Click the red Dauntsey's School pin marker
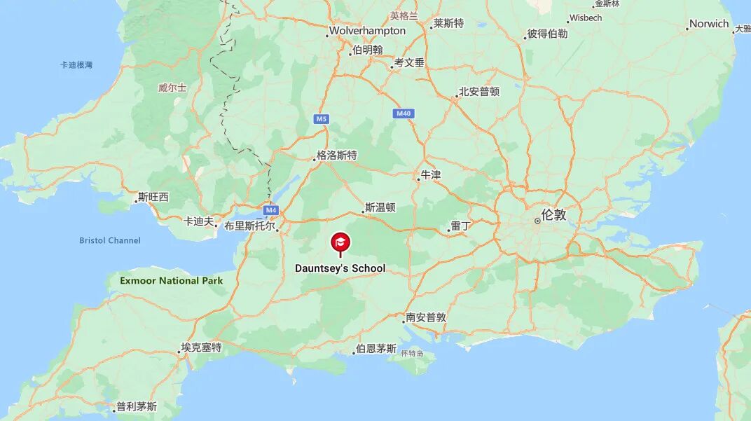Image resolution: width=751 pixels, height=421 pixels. click(340, 243)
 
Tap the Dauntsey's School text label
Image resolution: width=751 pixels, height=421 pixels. click(340, 268)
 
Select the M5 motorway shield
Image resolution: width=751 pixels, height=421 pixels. click(321, 119)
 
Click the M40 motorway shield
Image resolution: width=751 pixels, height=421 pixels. click(404, 113)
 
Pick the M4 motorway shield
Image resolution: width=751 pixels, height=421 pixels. click(271, 210)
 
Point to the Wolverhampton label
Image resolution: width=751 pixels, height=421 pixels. click(367, 31)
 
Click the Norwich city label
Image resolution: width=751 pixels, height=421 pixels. click(709, 24)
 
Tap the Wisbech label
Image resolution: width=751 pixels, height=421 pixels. click(585, 18)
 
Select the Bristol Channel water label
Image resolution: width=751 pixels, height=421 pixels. click(110, 240)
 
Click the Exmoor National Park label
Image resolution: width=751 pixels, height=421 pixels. click(171, 281)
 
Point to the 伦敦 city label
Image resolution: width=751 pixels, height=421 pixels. click(553, 215)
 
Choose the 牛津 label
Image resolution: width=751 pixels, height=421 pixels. click(431, 175)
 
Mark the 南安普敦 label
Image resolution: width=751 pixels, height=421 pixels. click(427, 317)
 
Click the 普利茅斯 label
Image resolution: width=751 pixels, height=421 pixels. click(137, 406)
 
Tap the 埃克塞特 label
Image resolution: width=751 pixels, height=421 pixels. click(201, 347)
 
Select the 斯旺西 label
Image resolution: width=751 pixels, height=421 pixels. click(153, 197)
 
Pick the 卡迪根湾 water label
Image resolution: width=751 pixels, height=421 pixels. click(76, 65)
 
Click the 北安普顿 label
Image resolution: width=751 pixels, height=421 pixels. click(479, 92)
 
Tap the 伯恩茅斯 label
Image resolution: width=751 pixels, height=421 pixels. click(376, 349)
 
